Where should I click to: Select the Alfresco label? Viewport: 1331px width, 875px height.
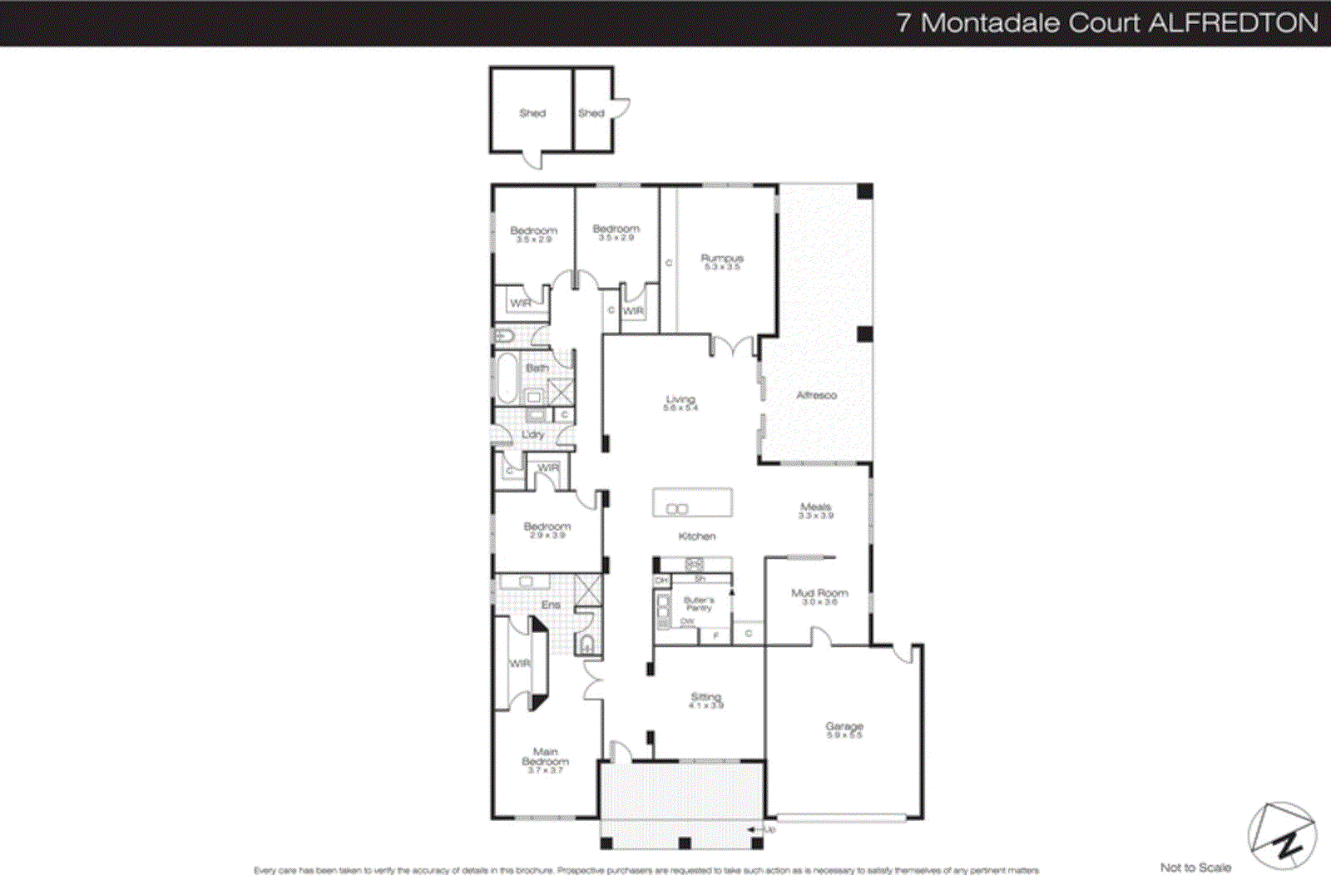click(816, 395)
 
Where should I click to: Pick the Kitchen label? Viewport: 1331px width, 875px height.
click(696, 536)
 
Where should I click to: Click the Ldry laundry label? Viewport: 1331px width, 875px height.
click(532, 434)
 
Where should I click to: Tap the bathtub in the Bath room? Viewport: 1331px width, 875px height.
click(506, 378)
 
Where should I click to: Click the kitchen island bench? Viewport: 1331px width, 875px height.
click(692, 502)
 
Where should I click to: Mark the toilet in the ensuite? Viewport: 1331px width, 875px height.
click(586, 643)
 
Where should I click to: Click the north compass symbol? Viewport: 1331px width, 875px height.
click(1282, 835)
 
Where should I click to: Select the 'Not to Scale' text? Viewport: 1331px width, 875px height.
click(1195, 867)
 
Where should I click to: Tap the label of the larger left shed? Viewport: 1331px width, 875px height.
click(532, 113)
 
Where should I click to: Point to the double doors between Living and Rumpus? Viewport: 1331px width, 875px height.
click(733, 346)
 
